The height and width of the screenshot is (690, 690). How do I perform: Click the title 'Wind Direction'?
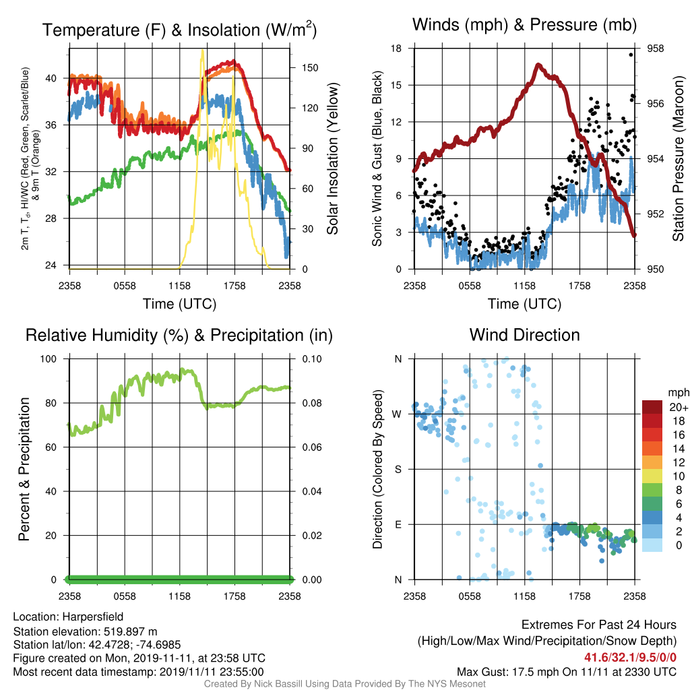[524, 335]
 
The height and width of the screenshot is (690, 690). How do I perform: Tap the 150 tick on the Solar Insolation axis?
[310, 68]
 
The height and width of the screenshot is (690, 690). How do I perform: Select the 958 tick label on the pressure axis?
[655, 49]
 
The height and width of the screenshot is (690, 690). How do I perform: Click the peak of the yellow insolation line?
[202, 51]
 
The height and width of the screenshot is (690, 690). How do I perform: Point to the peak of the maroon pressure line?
[538, 65]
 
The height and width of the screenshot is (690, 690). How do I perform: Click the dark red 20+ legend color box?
[652, 407]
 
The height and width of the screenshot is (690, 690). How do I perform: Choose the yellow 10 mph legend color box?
[652, 476]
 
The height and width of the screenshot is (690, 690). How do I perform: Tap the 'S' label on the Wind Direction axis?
[398, 469]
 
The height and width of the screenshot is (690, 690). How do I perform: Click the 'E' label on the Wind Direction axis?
[398, 524]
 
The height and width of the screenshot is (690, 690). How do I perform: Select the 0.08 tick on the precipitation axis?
[311, 403]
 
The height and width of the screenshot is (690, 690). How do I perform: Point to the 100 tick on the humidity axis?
[49, 358]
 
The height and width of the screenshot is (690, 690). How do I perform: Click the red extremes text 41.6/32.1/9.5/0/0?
[630, 658]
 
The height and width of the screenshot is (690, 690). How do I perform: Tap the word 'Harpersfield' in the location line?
[93, 617]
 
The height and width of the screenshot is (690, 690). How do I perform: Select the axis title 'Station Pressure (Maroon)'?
[678, 158]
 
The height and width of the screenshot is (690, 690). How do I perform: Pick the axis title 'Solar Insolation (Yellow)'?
[332, 158]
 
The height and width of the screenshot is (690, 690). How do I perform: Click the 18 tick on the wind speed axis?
[396, 49]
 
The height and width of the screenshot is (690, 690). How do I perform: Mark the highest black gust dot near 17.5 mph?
[631, 55]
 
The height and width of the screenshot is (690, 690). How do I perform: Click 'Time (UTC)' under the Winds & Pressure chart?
[524, 304]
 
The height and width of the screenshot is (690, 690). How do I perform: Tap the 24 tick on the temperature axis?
[51, 265]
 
